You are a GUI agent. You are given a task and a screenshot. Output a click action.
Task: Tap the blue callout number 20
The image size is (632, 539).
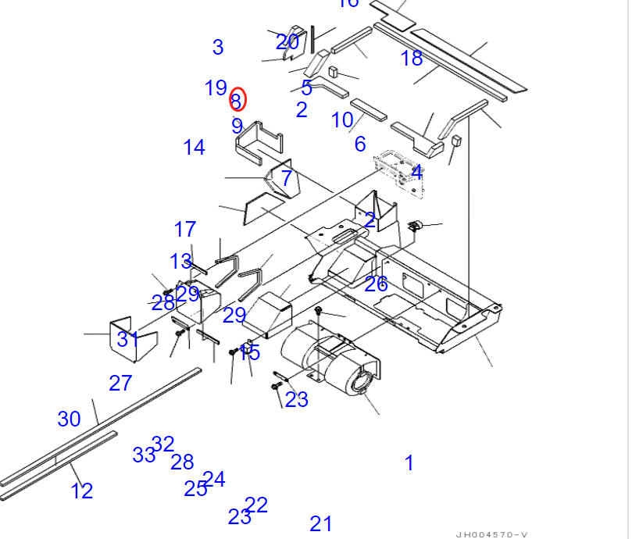[287, 42]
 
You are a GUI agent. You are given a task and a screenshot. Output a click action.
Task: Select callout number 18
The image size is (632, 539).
[412, 58]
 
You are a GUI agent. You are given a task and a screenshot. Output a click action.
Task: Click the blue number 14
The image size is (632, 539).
[194, 147]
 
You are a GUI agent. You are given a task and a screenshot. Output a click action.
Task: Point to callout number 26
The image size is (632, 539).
[376, 284]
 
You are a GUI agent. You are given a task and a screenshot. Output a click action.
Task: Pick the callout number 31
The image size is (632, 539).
[128, 339]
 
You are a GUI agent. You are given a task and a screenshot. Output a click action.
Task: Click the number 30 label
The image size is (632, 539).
[69, 419]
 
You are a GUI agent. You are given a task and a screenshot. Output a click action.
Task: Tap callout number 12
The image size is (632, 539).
[81, 491]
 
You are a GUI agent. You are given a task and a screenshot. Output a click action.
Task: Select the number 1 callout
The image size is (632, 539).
[409, 463]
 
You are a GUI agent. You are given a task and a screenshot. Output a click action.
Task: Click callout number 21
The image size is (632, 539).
[321, 524]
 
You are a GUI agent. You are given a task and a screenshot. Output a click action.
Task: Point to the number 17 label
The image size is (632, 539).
[185, 230]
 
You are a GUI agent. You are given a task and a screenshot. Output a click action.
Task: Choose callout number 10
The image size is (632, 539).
[342, 120]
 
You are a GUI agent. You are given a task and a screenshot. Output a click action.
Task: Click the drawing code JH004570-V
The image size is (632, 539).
[491, 534]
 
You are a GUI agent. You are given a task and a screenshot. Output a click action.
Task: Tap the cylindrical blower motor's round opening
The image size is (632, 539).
[362, 384]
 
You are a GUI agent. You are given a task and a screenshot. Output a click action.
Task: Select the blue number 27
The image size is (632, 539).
[120, 383]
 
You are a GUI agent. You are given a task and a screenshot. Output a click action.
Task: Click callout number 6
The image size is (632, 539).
[359, 144]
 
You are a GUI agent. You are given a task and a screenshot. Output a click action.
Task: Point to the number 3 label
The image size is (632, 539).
[218, 48]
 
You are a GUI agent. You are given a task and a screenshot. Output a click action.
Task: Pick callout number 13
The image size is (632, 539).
[180, 262]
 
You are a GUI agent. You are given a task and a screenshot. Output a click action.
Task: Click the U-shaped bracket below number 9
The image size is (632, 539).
[259, 144]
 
